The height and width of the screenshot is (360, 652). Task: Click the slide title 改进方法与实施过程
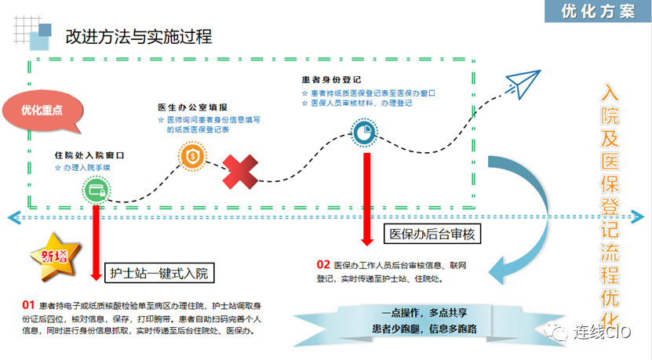138,36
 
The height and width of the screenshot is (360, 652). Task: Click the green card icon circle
94,190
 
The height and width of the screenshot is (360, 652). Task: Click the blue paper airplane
522,78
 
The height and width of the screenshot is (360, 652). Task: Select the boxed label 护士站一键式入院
158,273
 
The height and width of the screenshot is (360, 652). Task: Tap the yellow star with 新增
50,255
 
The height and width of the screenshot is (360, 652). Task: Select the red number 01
28,304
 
